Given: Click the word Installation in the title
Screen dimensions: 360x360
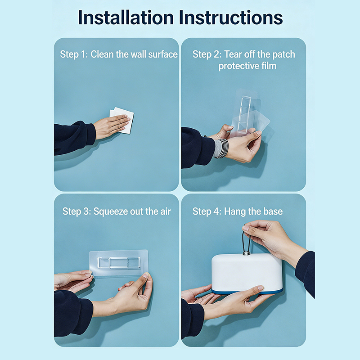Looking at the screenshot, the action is pyautogui.click(x=126, y=18).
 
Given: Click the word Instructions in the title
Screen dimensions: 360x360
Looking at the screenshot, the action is pyautogui.click(x=231, y=18).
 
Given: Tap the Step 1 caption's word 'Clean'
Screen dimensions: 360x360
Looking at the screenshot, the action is pyautogui.click(x=102, y=54).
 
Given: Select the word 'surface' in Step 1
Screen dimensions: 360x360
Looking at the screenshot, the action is pyautogui.click(x=163, y=54).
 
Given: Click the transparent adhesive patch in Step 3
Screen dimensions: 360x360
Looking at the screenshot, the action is pyautogui.click(x=118, y=263).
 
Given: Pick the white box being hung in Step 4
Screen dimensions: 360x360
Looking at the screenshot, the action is pyautogui.click(x=247, y=273).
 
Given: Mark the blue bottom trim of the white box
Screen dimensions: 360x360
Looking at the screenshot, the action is pyautogui.click(x=247, y=292).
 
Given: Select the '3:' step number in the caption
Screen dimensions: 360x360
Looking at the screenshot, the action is pyautogui.click(x=87, y=211).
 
